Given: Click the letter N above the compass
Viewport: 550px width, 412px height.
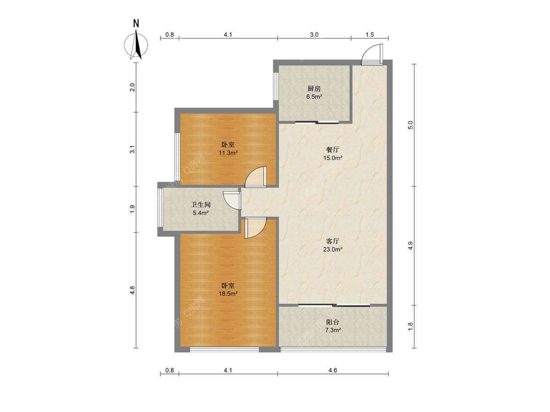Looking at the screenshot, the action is pyautogui.click(x=136, y=23).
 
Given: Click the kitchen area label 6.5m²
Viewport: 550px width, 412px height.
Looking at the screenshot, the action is pyautogui.click(x=314, y=97).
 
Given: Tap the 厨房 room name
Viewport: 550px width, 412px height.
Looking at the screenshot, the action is pyautogui.click(x=314, y=89).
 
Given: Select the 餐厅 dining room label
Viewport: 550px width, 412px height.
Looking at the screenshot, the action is pyautogui.click(x=333, y=150).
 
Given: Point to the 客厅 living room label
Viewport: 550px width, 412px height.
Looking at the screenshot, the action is pyautogui.click(x=333, y=241).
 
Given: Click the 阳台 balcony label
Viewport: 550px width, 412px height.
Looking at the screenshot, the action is pyautogui.click(x=333, y=322).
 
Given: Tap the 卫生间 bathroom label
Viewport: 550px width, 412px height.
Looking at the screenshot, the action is pyautogui.click(x=200, y=205).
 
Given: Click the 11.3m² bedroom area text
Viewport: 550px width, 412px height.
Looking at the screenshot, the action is pyautogui.click(x=228, y=153).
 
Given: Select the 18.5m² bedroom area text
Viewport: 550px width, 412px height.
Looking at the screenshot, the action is pyautogui.click(x=228, y=294).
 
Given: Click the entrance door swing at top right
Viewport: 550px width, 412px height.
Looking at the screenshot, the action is pyautogui.click(x=372, y=55).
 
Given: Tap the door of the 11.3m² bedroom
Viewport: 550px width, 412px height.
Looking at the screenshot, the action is pyautogui.click(x=255, y=177).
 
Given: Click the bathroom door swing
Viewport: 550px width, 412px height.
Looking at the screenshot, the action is pyautogui.click(x=232, y=200).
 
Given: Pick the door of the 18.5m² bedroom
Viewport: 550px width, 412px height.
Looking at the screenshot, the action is pyautogui.click(x=255, y=228).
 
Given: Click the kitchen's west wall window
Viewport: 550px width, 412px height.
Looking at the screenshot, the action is pyautogui.click(x=276, y=87).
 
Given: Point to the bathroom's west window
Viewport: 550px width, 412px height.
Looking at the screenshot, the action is pyautogui.click(x=160, y=208).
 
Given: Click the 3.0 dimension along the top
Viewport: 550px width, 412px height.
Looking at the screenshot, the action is pyautogui.click(x=314, y=35).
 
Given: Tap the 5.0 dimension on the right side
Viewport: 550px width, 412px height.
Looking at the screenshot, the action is pyautogui.click(x=410, y=125).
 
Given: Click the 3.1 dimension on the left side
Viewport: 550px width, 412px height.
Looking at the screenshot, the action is pyautogui.click(x=133, y=150).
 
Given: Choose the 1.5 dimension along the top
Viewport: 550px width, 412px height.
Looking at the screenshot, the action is pyautogui.click(x=369, y=35).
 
